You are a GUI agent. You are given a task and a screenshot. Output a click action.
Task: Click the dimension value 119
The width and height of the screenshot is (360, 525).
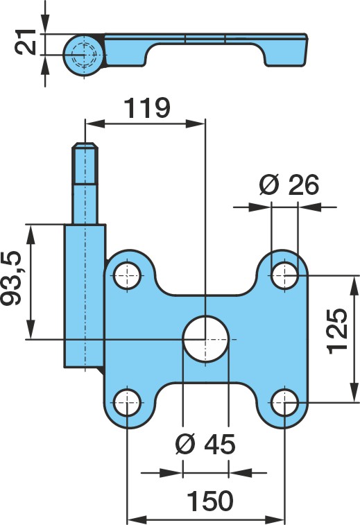[147, 108]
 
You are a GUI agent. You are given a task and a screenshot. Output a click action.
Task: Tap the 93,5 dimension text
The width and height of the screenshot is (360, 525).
[11, 277]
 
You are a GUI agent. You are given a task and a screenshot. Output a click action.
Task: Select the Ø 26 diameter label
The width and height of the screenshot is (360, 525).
[289, 184]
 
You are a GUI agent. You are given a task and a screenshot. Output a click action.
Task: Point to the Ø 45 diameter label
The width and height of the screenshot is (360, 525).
[205, 445]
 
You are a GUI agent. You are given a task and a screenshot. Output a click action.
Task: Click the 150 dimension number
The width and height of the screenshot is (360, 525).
[209, 501]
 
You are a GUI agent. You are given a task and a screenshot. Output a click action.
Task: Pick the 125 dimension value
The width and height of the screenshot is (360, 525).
[337, 331]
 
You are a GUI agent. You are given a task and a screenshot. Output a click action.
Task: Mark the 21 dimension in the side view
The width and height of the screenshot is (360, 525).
[26, 42]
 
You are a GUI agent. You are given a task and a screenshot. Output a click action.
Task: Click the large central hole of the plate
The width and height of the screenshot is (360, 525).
[205, 339]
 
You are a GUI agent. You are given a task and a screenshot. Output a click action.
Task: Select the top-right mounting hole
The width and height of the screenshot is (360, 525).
[284, 275]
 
